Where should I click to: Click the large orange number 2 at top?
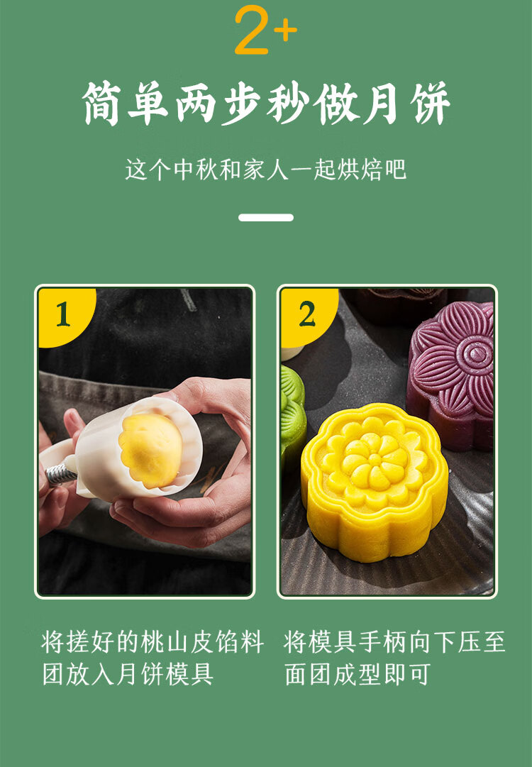coord(253,31)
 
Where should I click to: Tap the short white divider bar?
coord(266,217)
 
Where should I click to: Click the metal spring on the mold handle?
coord(61,473)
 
